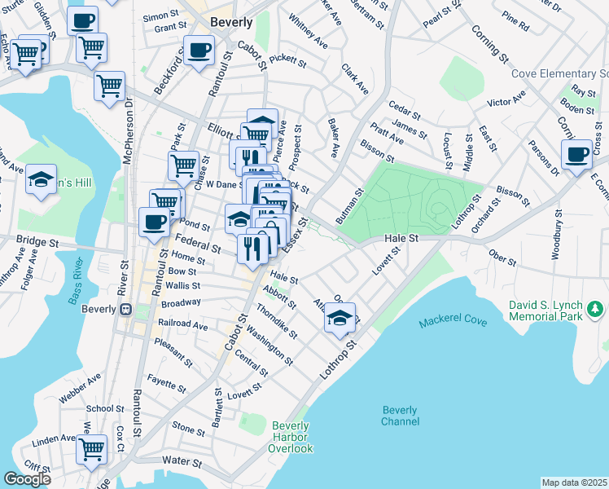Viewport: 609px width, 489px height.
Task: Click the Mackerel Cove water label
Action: (x=453, y=322)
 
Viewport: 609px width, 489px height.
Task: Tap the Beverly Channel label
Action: (x=399, y=416)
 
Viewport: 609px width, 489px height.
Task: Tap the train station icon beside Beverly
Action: (x=126, y=310)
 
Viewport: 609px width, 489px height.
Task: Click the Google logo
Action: (x=27, y=479)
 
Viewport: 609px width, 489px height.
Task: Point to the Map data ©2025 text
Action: (x=574, y=482)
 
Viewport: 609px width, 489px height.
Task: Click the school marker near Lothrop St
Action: (x=340, y=318)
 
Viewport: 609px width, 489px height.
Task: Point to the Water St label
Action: (x=181, y=460)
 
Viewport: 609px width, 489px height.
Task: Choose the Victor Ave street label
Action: (x=506, y=104)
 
